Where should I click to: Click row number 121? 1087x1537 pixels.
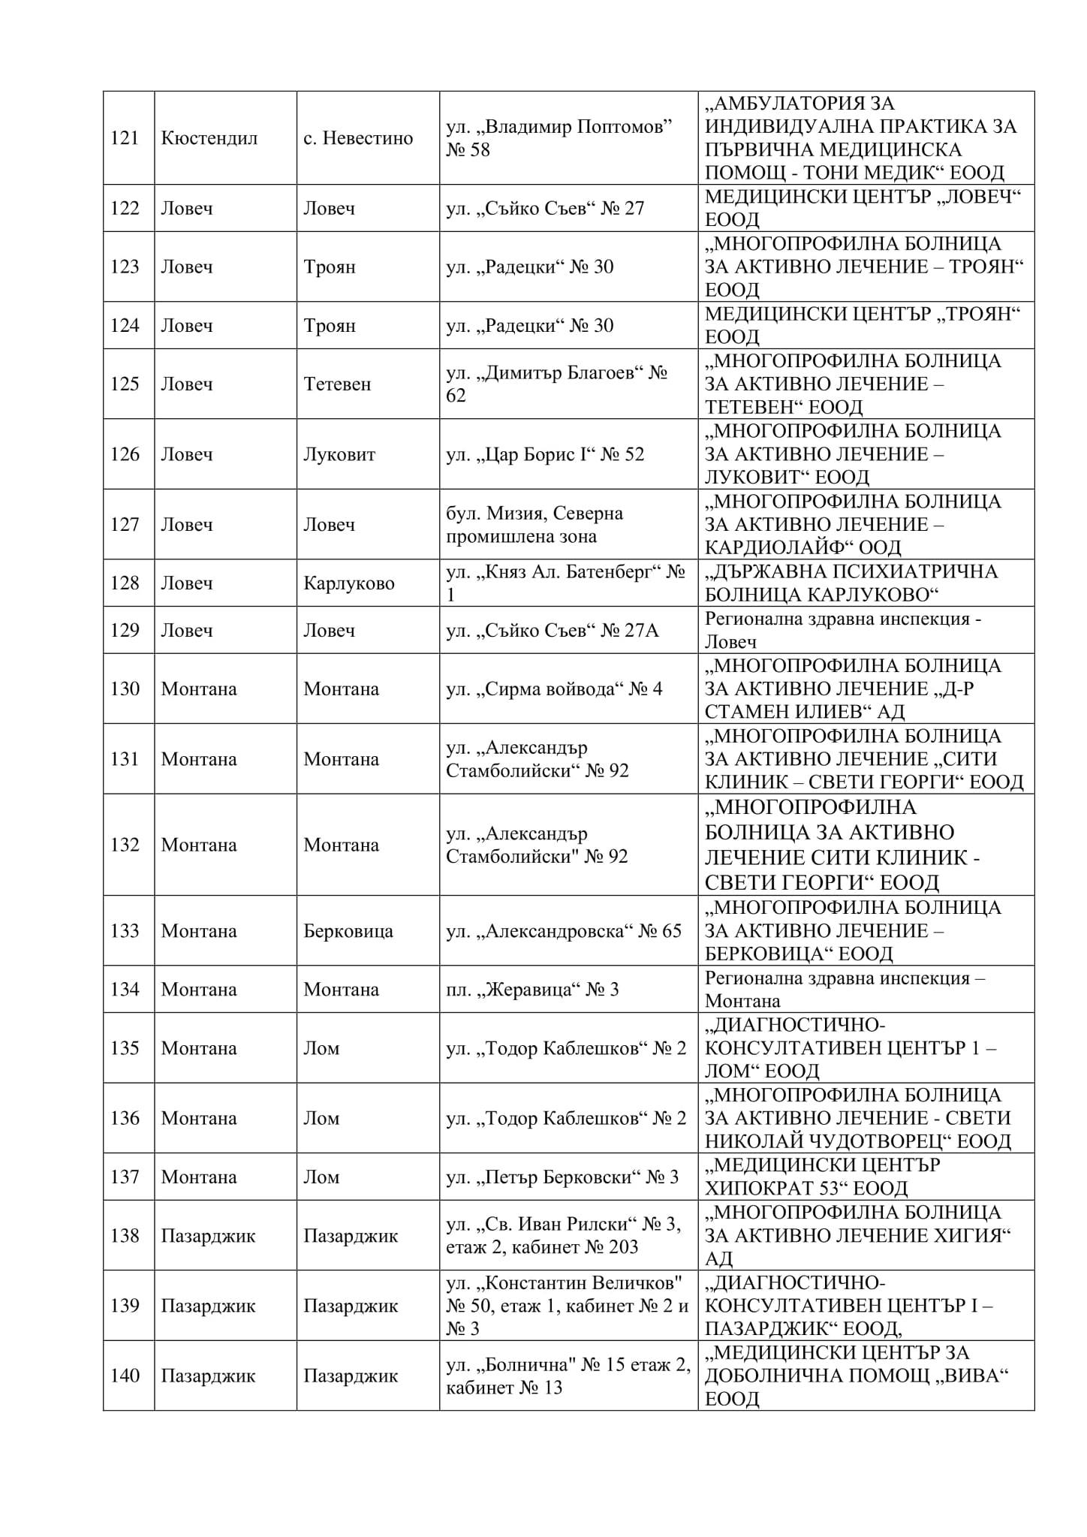pyautogui.click(x=125, y=138)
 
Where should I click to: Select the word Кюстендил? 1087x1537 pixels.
pyautogui.click(x=209, y=138)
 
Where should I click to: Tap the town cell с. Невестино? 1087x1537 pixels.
pyautogui.click(x=358, y=138)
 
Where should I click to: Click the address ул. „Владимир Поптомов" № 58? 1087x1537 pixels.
pyautogui.click(x=559, y=138)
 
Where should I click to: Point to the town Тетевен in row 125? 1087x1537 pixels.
pyautogui.click(x=337, y=384)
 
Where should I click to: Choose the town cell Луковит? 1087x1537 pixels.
pyautogui.click(x=339, y=454)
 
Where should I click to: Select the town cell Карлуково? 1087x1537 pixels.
pyautogui.click(x=348, y=583)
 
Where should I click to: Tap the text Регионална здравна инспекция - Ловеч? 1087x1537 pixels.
pyautogui.click(x=842, y=630)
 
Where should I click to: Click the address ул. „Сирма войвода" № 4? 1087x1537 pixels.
pyautogui.click(x=554, y=689)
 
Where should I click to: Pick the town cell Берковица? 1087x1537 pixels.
pyautogui.click(x=348, y=931)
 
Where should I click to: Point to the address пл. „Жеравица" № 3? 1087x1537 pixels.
pyautogui.click(x=532, y=990)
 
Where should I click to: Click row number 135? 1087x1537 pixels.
pyautogui.click(x=125, y=1048)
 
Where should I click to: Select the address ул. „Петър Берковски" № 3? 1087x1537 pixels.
pyautogui.click(x=562, y=1177)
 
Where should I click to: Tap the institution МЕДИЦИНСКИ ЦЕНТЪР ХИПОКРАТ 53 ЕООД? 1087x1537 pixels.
pyautogui.click(x=822, y=1177)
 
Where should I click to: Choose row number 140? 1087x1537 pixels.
pyautogui.click(x=125, y=1376)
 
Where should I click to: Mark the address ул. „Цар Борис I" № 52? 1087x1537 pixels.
pyautogui.click(x=545, y=454)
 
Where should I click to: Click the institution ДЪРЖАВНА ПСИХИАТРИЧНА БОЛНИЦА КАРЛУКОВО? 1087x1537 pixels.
pyautogui.click(x=851, y=583)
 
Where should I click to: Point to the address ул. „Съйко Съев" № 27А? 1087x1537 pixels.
pyautogui.click(x=552, y=631)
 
